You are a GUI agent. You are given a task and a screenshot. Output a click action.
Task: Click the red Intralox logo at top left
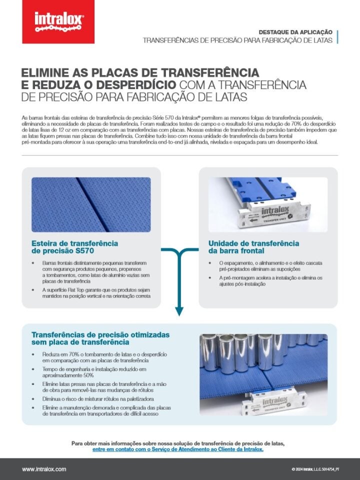(x=59, y=22)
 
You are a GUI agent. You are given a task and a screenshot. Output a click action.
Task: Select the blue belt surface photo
(x=91, y=204)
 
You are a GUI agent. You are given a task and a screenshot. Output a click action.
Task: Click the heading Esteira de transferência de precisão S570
(x=74, y=247)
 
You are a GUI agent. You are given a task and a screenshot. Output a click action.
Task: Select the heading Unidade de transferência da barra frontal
(x=253, y=247)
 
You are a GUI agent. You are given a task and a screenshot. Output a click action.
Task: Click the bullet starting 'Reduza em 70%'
(x=97, y=357)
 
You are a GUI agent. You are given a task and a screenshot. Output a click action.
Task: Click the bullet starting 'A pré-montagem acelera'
(x=270, y=280)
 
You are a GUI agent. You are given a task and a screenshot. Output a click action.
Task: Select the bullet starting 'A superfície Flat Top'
(x=95, y=293)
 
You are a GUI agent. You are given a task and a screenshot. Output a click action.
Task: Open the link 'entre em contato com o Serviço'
(x=177, y=449)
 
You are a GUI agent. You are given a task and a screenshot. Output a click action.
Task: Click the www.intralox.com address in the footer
(x=44, y=469)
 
